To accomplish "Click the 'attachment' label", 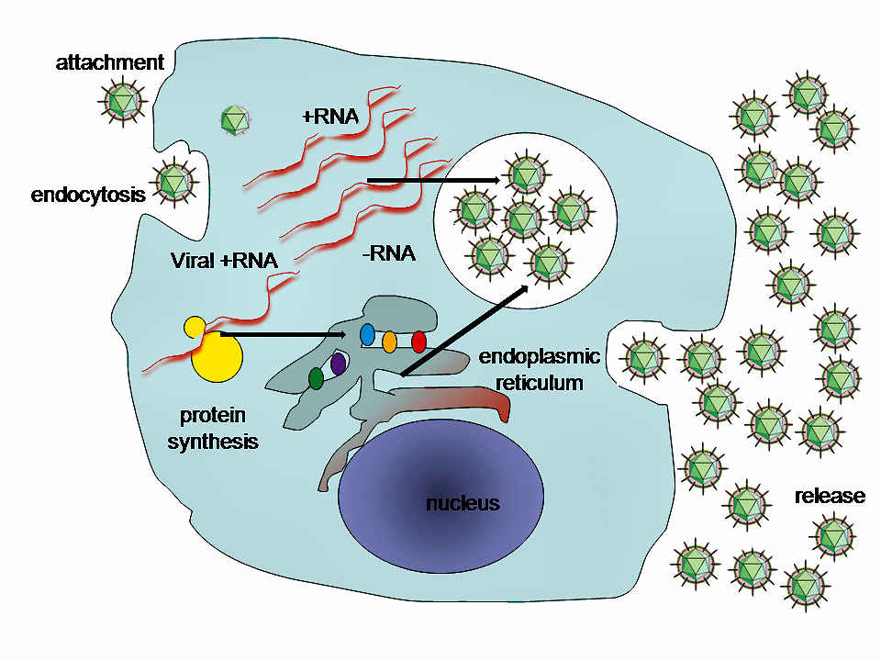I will click(x=110, y=63).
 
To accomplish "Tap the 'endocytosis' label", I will click(x=88, y=195).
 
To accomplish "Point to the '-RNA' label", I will click(x=388, y=254).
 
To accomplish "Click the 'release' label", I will click(x=830, y=497).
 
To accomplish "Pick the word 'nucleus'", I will click(x=463, y=503).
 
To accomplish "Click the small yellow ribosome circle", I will click(x=195, y=327).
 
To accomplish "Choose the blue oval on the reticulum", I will click(x=368, y=335).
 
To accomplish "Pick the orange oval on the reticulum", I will click(x=389, y=342).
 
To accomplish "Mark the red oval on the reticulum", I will click(x=418, y=342).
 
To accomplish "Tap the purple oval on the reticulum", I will click(x=338, y=364).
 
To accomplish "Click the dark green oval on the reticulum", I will click(x=316, y=377).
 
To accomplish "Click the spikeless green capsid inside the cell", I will click(x=236, y=119).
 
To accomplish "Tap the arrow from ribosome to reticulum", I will click(x=284, y=335).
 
